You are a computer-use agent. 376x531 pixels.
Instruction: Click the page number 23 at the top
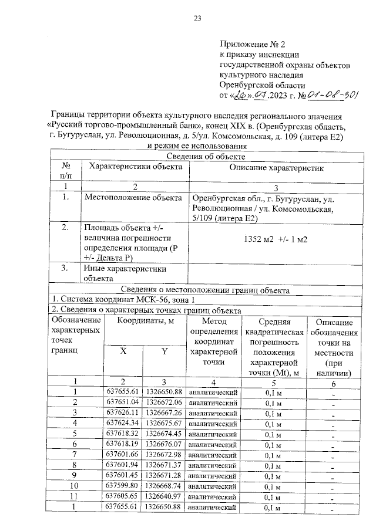[198, 18]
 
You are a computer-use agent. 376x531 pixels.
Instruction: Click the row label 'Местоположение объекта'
[133, 198]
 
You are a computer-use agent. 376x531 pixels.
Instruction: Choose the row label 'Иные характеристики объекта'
[125, 273]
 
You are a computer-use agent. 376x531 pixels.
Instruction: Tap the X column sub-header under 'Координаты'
[123, 351]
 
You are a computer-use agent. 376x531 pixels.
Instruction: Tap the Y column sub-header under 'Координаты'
[164, 351]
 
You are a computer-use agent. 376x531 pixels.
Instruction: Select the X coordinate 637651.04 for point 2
[123, 402]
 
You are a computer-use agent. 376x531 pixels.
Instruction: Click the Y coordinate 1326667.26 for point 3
[164, 412]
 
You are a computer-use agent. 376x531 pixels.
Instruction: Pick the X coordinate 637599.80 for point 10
[123, 486]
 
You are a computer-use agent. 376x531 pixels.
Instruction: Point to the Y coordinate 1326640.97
[164, 496]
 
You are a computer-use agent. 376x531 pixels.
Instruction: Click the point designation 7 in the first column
[75, 455]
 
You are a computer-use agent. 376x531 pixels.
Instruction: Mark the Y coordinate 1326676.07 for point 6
[164, 444]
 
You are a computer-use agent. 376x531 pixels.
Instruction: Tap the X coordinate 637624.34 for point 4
[123, 423]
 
